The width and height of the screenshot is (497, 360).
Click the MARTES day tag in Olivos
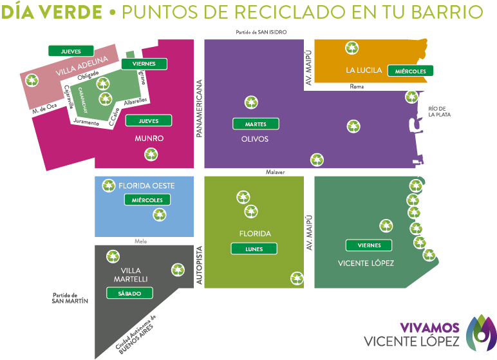coord(256,124)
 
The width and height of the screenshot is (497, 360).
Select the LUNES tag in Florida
coord(254,249)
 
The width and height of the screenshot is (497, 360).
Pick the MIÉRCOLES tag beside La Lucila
coord(411,71)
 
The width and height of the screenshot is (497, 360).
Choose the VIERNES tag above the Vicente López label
coord(369,245)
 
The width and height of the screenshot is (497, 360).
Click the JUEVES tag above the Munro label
coord(149,120)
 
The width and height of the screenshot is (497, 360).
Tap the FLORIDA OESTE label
coord(146,185)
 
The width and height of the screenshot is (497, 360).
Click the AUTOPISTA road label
coord(199,265)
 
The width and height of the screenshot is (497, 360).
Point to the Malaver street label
coord(275,173)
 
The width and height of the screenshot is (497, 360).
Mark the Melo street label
coord(142,242)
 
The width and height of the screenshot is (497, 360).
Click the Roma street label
coord(357,86)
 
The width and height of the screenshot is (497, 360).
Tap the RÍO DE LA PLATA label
coord(439,111)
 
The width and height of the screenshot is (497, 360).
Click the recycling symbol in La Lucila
coord(352,48)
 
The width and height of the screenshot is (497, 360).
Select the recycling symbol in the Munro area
coord(151,154)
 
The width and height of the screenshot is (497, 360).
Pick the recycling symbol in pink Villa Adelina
coord(31,81)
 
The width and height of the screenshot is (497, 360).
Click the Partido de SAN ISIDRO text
coord(261,32)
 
